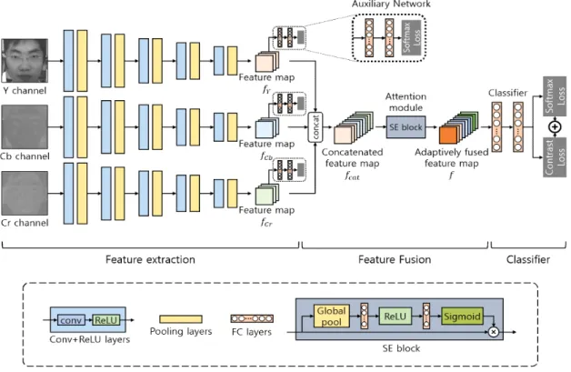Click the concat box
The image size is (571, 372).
tap(316, 127)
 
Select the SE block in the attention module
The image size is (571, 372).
tap(406, 126)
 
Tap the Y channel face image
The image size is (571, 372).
tap(25, 60)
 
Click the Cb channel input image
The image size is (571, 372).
tap(25, 126)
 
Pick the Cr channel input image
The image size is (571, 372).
tap(25, 193)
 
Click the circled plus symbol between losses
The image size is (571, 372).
tap(555, 126)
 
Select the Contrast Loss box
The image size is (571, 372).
tap(555, 157)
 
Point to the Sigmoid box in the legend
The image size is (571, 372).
tap(462, 316)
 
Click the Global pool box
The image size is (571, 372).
tap(331, 316)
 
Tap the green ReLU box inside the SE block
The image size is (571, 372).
tap(396, 316)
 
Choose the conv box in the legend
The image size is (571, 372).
tap(71, 320)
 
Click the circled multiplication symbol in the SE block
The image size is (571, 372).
tap(494, 332)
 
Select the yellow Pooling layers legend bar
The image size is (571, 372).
tap(181, 319)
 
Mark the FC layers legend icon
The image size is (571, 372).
tap(252, 319)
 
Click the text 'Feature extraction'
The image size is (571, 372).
tap(150, 259)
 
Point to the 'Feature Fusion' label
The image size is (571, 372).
tap(395, 259)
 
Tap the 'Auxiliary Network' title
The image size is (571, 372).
tap(391, 4)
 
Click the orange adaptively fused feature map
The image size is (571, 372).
tap(448, 136)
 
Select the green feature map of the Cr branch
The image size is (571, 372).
tap(265, 196)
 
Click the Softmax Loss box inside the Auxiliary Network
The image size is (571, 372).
tap(411, 37)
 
